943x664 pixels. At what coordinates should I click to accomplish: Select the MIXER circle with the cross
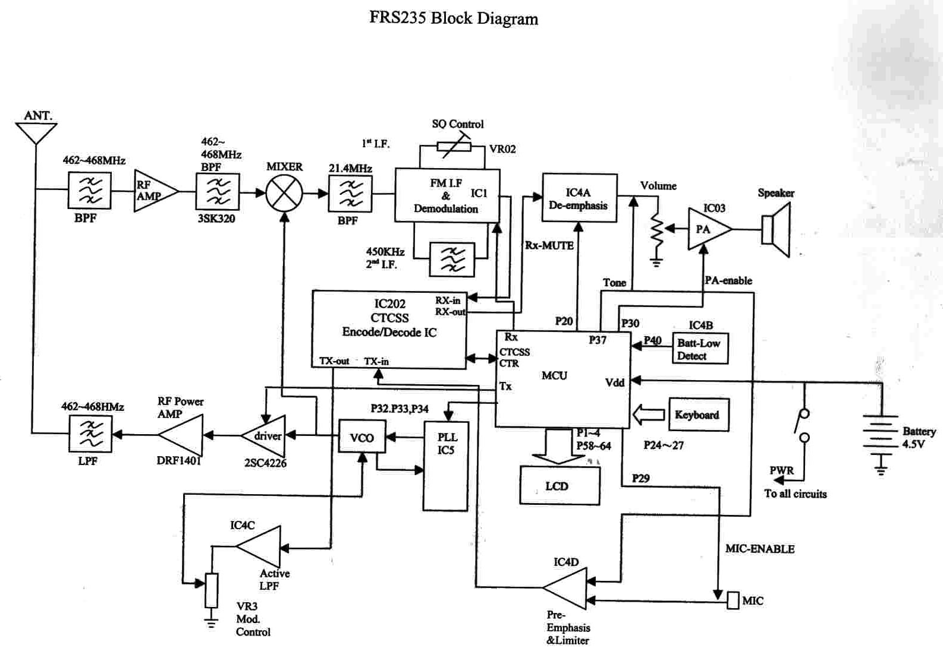[x=284, y=193]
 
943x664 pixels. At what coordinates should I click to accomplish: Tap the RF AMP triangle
[x=154, y=191]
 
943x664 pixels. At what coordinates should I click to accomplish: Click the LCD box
[x=559, y=486]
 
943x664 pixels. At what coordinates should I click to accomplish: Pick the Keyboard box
[x=698, y=415]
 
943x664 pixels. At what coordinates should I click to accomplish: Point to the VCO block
[x=362, y=437]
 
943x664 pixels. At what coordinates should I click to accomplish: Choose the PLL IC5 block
[x=445, y=466]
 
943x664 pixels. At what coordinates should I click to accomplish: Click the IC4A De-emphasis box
[x=579, y=198]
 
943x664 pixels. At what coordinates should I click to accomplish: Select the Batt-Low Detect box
[x=700, y=349]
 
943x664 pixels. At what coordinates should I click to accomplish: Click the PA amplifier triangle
[x=708, y=229]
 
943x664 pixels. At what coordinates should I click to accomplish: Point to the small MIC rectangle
[x=733, y=600]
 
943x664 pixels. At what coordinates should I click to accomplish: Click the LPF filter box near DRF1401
[x=90, y=434]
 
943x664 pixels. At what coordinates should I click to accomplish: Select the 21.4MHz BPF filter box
[x=350, y=194]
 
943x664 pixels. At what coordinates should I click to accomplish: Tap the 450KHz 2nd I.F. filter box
[x=452, y=260]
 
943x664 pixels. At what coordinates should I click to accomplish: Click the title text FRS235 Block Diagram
[x=454, y=18]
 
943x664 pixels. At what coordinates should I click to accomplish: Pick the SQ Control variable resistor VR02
[x=454, y=147]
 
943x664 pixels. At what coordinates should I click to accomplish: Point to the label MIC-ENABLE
[x=759, y=549]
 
